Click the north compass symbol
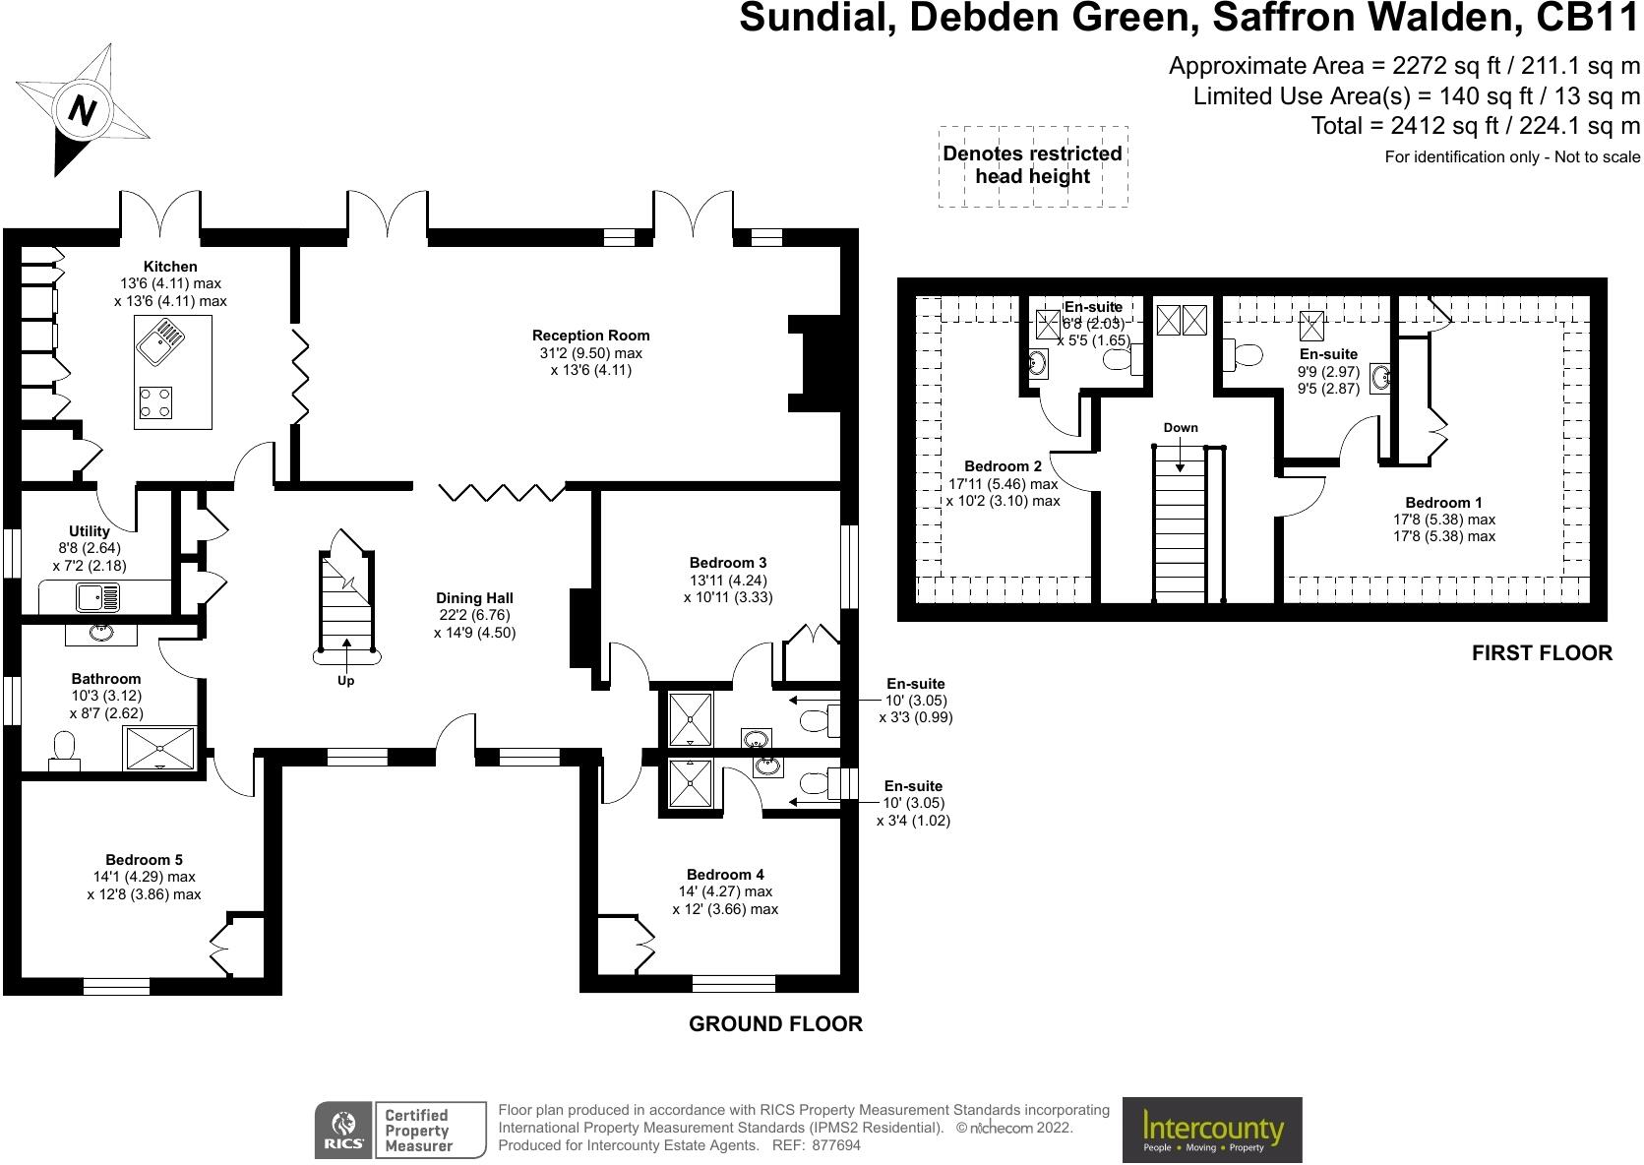click(x=82, y=111)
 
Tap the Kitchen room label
click(x=170, y=267)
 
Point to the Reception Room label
click(x=590, y=336)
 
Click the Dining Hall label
click(x=474, y=598)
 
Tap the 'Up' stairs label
click(x=345, y=681)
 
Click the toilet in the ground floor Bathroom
click(x=65, y=750)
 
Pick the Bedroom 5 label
click(x=144, y=860)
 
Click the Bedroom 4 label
click(x=725, y=875)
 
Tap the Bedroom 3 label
click(x=728, y=564)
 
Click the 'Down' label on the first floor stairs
click(x=1181, y=428)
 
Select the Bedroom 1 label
click(x=1443, y=503)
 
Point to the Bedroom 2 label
click(x=1003, y=466)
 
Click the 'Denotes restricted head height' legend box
click(x=1032, y=165)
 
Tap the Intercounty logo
click(x=1212, y=1130)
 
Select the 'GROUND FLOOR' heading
click(x=775, y=1024)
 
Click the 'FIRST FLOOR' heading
click(x=1542, y=652)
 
